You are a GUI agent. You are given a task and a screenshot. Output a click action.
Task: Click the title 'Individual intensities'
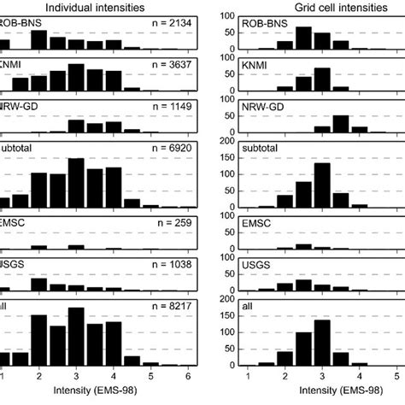tap(101, 7)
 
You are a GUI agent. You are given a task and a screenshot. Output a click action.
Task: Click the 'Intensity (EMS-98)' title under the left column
tap(100, 395)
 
